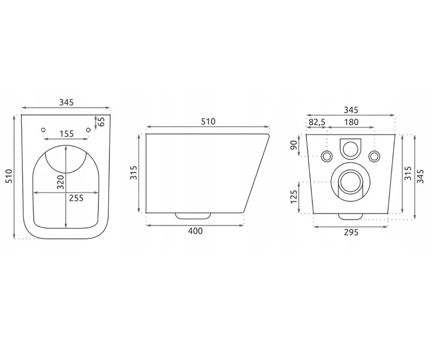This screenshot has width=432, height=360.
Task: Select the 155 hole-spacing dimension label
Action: pyautogui.click(x=67, y=134)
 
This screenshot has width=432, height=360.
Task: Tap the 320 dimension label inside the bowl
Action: pyautogui.click(x=61, y=182)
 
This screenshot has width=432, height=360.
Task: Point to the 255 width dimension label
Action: pyautogui.click(x=76, y=198)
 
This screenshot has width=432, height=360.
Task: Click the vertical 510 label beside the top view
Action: pyautogui.click(x=9, y=176)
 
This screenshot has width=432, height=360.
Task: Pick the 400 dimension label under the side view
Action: pyautogui.click(x=195, y=231)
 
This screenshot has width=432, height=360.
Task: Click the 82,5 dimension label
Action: pyautogui.click(x=317, y=122)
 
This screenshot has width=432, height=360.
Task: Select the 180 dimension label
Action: pyautogui.click(x=351, y=122)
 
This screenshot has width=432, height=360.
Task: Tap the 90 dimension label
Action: pyautogui.click(x=294, y=145)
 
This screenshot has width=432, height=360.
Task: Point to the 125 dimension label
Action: pyautogui.click(x=294, y=197)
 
